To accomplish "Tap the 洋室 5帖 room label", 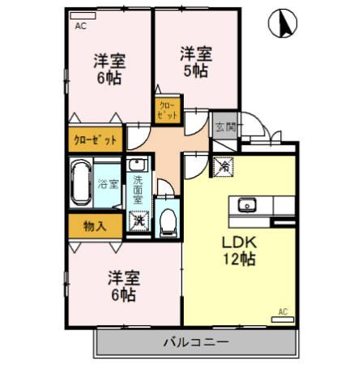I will (x=196, y=62).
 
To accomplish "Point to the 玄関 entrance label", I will (x=224, y=127).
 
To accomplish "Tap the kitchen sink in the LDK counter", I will (x=247, y=204).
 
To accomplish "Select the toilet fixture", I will (x=168, y=219).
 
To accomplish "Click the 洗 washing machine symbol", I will (x=138, y=220).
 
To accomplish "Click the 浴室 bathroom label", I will (x=107, y=184).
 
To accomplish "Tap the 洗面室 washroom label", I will (x=138, y=189).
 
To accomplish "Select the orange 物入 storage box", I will (x=95, y=225).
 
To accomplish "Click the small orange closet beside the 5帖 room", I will (x=168, y=110).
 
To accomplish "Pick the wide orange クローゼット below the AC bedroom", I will (x=96, y=139).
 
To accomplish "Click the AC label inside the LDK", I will (x=283, y=311).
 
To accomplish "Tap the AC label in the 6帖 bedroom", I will (x=80, y=26).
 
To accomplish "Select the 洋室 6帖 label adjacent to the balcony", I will (x=124, y=286).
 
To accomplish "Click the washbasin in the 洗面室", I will (x=138, y=161).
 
